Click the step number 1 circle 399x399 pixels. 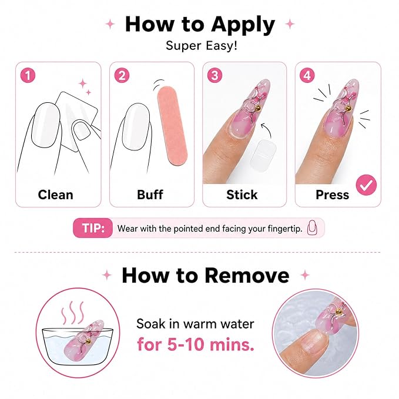pyautogui.click(x=28, y=76)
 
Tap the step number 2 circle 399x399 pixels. pyautogui.click(x=122, y=76)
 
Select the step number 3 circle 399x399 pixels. pyautogui.click(x=214, y=76)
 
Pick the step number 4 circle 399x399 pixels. pyautogui.click(x=307, y=76)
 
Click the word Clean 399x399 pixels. pyautogui.click(x=55, y=195)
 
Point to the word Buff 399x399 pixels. pyautogui.click(x=150, y=195)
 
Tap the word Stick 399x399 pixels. pyautogui.click(x=242, y=195)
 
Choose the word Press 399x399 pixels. pyautogui.click(x=333, y=195)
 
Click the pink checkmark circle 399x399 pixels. pyautogui.click(x=366, y=185)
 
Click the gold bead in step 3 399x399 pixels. pyautogui.click(x=258, y=109)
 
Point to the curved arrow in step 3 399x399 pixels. pyautogui.click(x=268, y=128)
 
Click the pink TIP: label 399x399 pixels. pyautogui.click(x=93, y=228)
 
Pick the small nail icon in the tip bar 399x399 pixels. pyautogui.click(x=312, y=227)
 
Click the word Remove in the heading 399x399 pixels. pyautogui.click(x=247, y=276)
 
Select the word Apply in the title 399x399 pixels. pyautogui.click(x=243, y=25)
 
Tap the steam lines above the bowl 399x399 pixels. pyautogui.click(x=73, y=313)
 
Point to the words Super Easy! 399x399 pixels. pyautogui.click(x=202, y=46)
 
